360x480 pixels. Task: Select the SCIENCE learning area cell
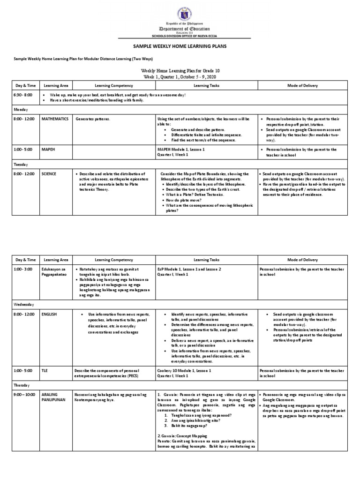point(48,174)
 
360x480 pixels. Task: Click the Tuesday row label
point(20,165)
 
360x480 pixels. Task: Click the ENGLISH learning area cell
point(49,314)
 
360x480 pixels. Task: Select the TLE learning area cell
point(45,370)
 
